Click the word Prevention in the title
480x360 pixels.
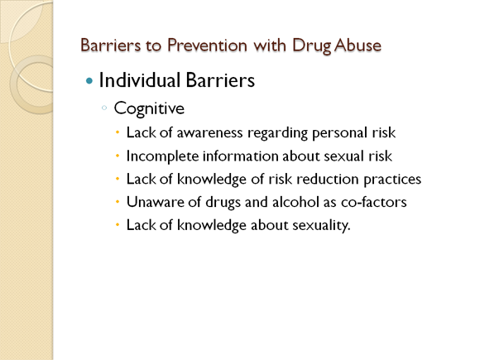coord(207,46)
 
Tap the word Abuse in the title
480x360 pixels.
coord(358,46)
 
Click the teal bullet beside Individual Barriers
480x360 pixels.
coord(89,81)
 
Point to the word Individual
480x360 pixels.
coord(140,80)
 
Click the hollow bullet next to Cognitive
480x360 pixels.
coord(104,108)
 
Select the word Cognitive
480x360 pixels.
coord(149,109)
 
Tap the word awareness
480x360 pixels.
coord(209,133)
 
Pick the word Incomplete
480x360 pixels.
coord(162,156)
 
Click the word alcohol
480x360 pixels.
coord(291,202)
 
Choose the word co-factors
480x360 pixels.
coord(374,202)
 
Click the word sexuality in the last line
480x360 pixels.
coord(321,226)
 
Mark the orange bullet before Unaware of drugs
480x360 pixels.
coord(118,202)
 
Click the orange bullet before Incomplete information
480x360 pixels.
coord(118,156)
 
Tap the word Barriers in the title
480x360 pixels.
coord(111,46)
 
